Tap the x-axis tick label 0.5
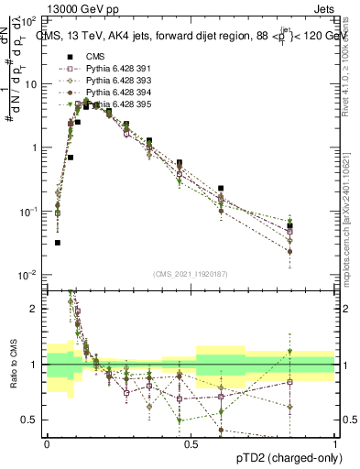[x=191, y=442]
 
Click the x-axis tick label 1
[x=335, y=442]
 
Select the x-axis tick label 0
[x=47, y=442]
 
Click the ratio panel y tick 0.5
[x=32, y=420]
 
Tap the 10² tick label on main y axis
[x=29, y=20]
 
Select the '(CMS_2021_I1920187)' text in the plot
[x=190, y=274]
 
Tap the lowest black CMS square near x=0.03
[x=57, y=243]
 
